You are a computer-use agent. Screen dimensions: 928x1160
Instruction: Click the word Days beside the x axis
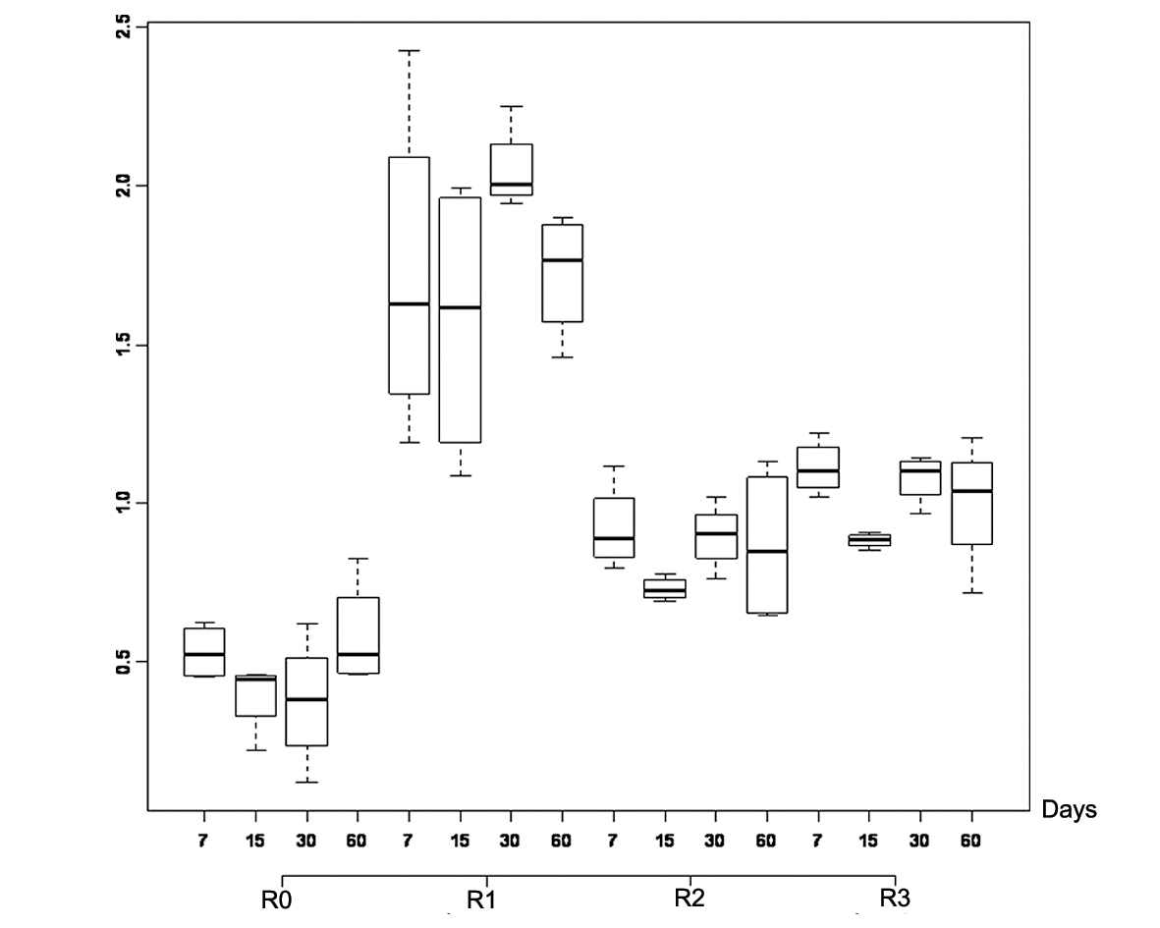(1069, 810)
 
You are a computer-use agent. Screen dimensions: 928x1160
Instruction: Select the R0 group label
(276, 899)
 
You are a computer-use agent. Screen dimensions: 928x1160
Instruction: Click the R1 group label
(480, 899)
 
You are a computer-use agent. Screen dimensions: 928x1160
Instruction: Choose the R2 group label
(689, 898)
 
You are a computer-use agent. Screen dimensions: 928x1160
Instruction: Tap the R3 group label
(894, 898)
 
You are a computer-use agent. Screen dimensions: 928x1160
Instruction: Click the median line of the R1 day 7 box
(409, 304)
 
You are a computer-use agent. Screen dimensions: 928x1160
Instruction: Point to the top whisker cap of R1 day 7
(409, 50)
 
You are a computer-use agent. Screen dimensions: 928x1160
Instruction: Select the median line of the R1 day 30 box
(511, 185)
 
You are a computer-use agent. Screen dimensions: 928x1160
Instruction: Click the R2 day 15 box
(665, 588)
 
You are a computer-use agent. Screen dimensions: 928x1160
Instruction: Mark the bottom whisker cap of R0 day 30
(306, 782)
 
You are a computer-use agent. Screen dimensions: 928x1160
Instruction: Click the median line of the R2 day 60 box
(767, 552)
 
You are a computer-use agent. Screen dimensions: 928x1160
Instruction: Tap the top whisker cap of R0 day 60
(358, 559)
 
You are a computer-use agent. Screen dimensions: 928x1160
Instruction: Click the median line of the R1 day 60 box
(562, 260)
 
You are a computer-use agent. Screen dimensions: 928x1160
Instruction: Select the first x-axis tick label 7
(204, 843)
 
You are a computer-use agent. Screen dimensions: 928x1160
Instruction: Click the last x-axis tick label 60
(971, 843)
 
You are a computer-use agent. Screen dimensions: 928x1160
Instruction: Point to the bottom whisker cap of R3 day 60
(971, 593)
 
